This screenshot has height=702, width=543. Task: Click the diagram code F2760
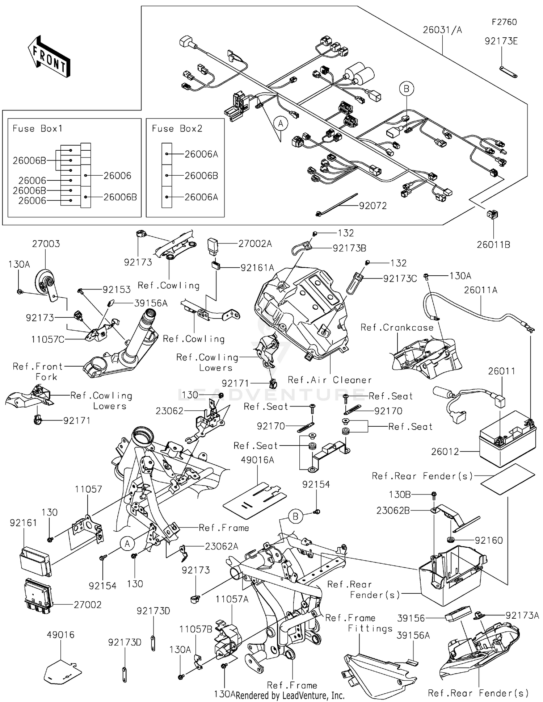[x=504, y=22]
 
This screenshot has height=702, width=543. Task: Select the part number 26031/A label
[x=442, y=30]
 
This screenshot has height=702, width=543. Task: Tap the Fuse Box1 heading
[x=37, y=129]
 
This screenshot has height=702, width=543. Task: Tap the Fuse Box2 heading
[x=177, y=129]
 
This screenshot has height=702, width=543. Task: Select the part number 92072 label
[x=372, y=206]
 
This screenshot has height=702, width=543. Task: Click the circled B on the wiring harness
[x=406, y=89]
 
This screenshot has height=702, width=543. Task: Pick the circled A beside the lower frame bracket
[x=127, y=544]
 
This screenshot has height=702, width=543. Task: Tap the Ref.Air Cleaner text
[x=329, y=380]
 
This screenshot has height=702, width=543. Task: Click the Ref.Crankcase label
[x=397, y=327]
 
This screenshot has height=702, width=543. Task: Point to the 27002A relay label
[x=255, y=244]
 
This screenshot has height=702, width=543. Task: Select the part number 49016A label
[x=257, y=460]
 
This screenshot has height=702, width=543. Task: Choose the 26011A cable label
[x=480, y=290]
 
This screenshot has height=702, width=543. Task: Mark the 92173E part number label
[x=501, y=41]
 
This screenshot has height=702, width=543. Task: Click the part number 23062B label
[x=393, y=510]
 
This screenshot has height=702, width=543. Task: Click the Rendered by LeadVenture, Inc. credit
[x=290, y=695]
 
